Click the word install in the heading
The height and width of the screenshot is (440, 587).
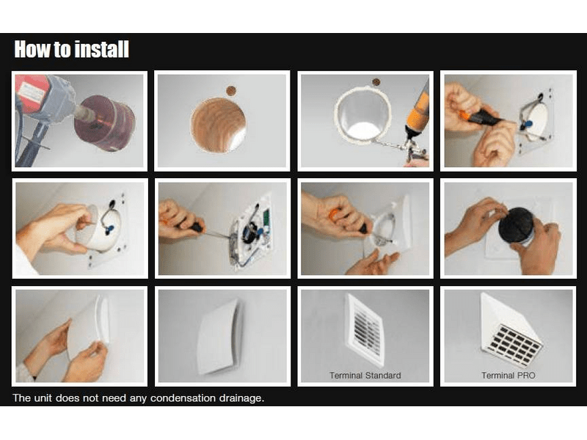[x=101, y=49]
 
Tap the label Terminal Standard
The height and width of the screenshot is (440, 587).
[x=365, y=375]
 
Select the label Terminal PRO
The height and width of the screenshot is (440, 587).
[x=508, y=375]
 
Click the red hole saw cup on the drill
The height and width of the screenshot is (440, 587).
[x=105, y=122]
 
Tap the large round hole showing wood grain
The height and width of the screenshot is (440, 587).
[x=218, y=125]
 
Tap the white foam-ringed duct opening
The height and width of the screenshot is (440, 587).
[x=362, y=116]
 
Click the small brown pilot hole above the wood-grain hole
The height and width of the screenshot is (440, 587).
[x=231, y=90]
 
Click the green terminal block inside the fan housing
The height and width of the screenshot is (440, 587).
[x=266, y=218]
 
